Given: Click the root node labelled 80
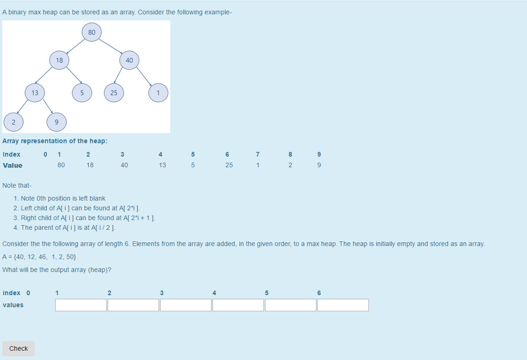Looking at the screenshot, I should pos(92,32).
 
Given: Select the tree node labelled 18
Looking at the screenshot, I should pos(60,61).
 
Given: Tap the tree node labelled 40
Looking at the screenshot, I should pos(129,61).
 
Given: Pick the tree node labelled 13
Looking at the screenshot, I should pos(34,93).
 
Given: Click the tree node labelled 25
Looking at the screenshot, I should pos(114,93).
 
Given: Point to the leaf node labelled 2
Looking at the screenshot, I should pos(13,122).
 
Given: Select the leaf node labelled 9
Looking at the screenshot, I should pos(57,122).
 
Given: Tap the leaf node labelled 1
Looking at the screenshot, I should pos(159,93).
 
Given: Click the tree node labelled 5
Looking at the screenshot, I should pos(81,93).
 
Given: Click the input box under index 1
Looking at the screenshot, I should pos(81,305).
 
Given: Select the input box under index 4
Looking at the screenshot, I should pos(238,305).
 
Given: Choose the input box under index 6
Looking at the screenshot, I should pos(343,305).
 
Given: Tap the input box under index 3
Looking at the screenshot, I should pos(186,305).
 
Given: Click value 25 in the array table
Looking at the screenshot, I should pos(229,165).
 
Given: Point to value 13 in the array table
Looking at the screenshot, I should pos(163,165).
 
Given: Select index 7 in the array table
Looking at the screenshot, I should pos(258,154).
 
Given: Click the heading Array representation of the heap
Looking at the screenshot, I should pos(55,141).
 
